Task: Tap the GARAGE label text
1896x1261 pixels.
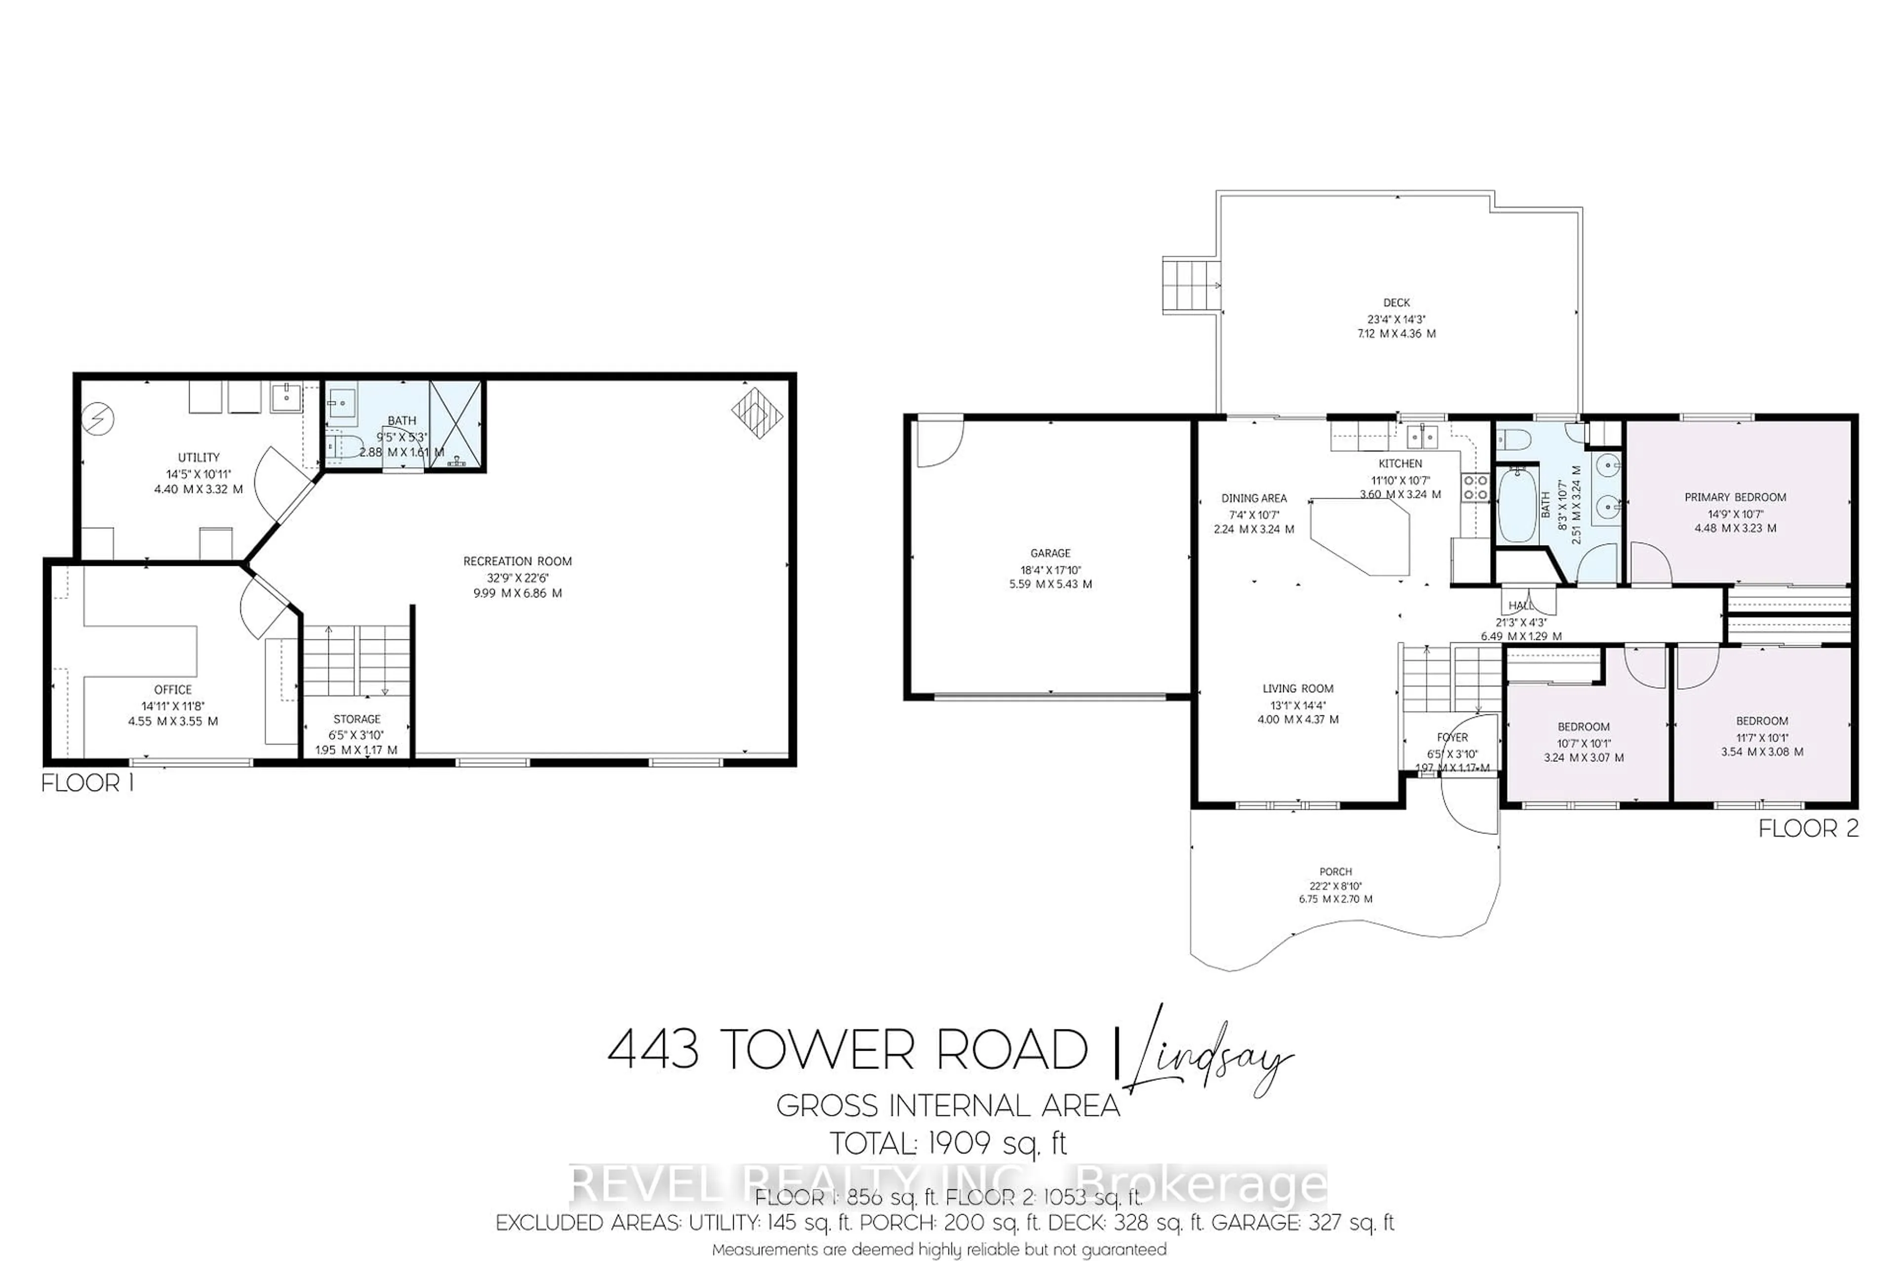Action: pos(1050,553)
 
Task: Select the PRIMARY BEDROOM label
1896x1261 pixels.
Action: pos(1735,498)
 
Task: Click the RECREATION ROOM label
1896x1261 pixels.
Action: pos(517,561)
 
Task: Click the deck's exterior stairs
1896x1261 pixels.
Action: pos(1191,285)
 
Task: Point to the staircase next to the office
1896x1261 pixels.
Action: pos(356,661)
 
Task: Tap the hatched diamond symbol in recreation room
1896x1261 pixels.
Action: pos(756,413)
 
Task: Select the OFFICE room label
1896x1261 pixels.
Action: pos(173,689)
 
